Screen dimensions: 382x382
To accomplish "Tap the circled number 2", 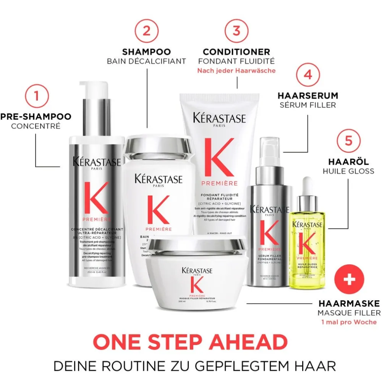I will click(146, 31).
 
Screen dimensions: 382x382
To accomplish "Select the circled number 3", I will click(236, 31).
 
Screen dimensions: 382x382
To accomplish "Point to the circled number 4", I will click(308, 74).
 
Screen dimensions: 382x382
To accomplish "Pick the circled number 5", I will click(348, 140).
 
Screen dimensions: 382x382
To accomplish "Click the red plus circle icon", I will click(349, 280).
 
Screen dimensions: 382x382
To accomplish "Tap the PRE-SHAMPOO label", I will click(36, 116).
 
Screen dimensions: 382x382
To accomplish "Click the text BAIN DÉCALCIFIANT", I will click(146, 61).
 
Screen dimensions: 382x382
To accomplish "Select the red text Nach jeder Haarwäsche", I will click(236, 71).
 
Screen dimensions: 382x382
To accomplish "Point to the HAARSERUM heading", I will click(308, 95).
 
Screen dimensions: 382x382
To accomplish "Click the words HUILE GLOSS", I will click(348, 171).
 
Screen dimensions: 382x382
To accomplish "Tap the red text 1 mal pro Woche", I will click(349, 322).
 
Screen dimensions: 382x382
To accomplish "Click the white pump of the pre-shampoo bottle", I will click(92, 90).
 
